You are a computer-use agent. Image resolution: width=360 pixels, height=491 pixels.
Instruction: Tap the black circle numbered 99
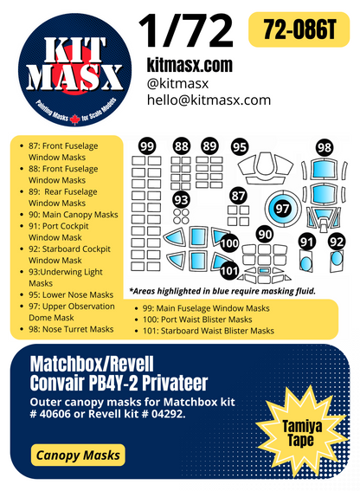coord(147,147)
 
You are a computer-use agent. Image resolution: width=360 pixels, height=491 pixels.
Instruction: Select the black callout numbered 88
coord(182,147)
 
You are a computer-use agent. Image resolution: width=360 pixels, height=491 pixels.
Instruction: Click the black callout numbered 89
coord(210,147)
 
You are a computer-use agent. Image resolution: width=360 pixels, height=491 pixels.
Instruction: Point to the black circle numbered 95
coord(240,147)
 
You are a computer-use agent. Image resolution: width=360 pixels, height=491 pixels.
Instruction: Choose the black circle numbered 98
coord(324,147)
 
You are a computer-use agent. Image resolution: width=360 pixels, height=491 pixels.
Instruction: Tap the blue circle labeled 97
coord(282,208)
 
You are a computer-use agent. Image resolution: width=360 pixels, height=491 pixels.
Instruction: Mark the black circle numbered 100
coord(229,245)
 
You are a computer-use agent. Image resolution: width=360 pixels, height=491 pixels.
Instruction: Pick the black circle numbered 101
coord(229,270)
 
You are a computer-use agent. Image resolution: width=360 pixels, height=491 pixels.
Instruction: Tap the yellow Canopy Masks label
coord(79,455)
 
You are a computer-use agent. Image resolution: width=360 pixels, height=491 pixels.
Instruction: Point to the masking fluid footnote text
coord(222,291)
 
